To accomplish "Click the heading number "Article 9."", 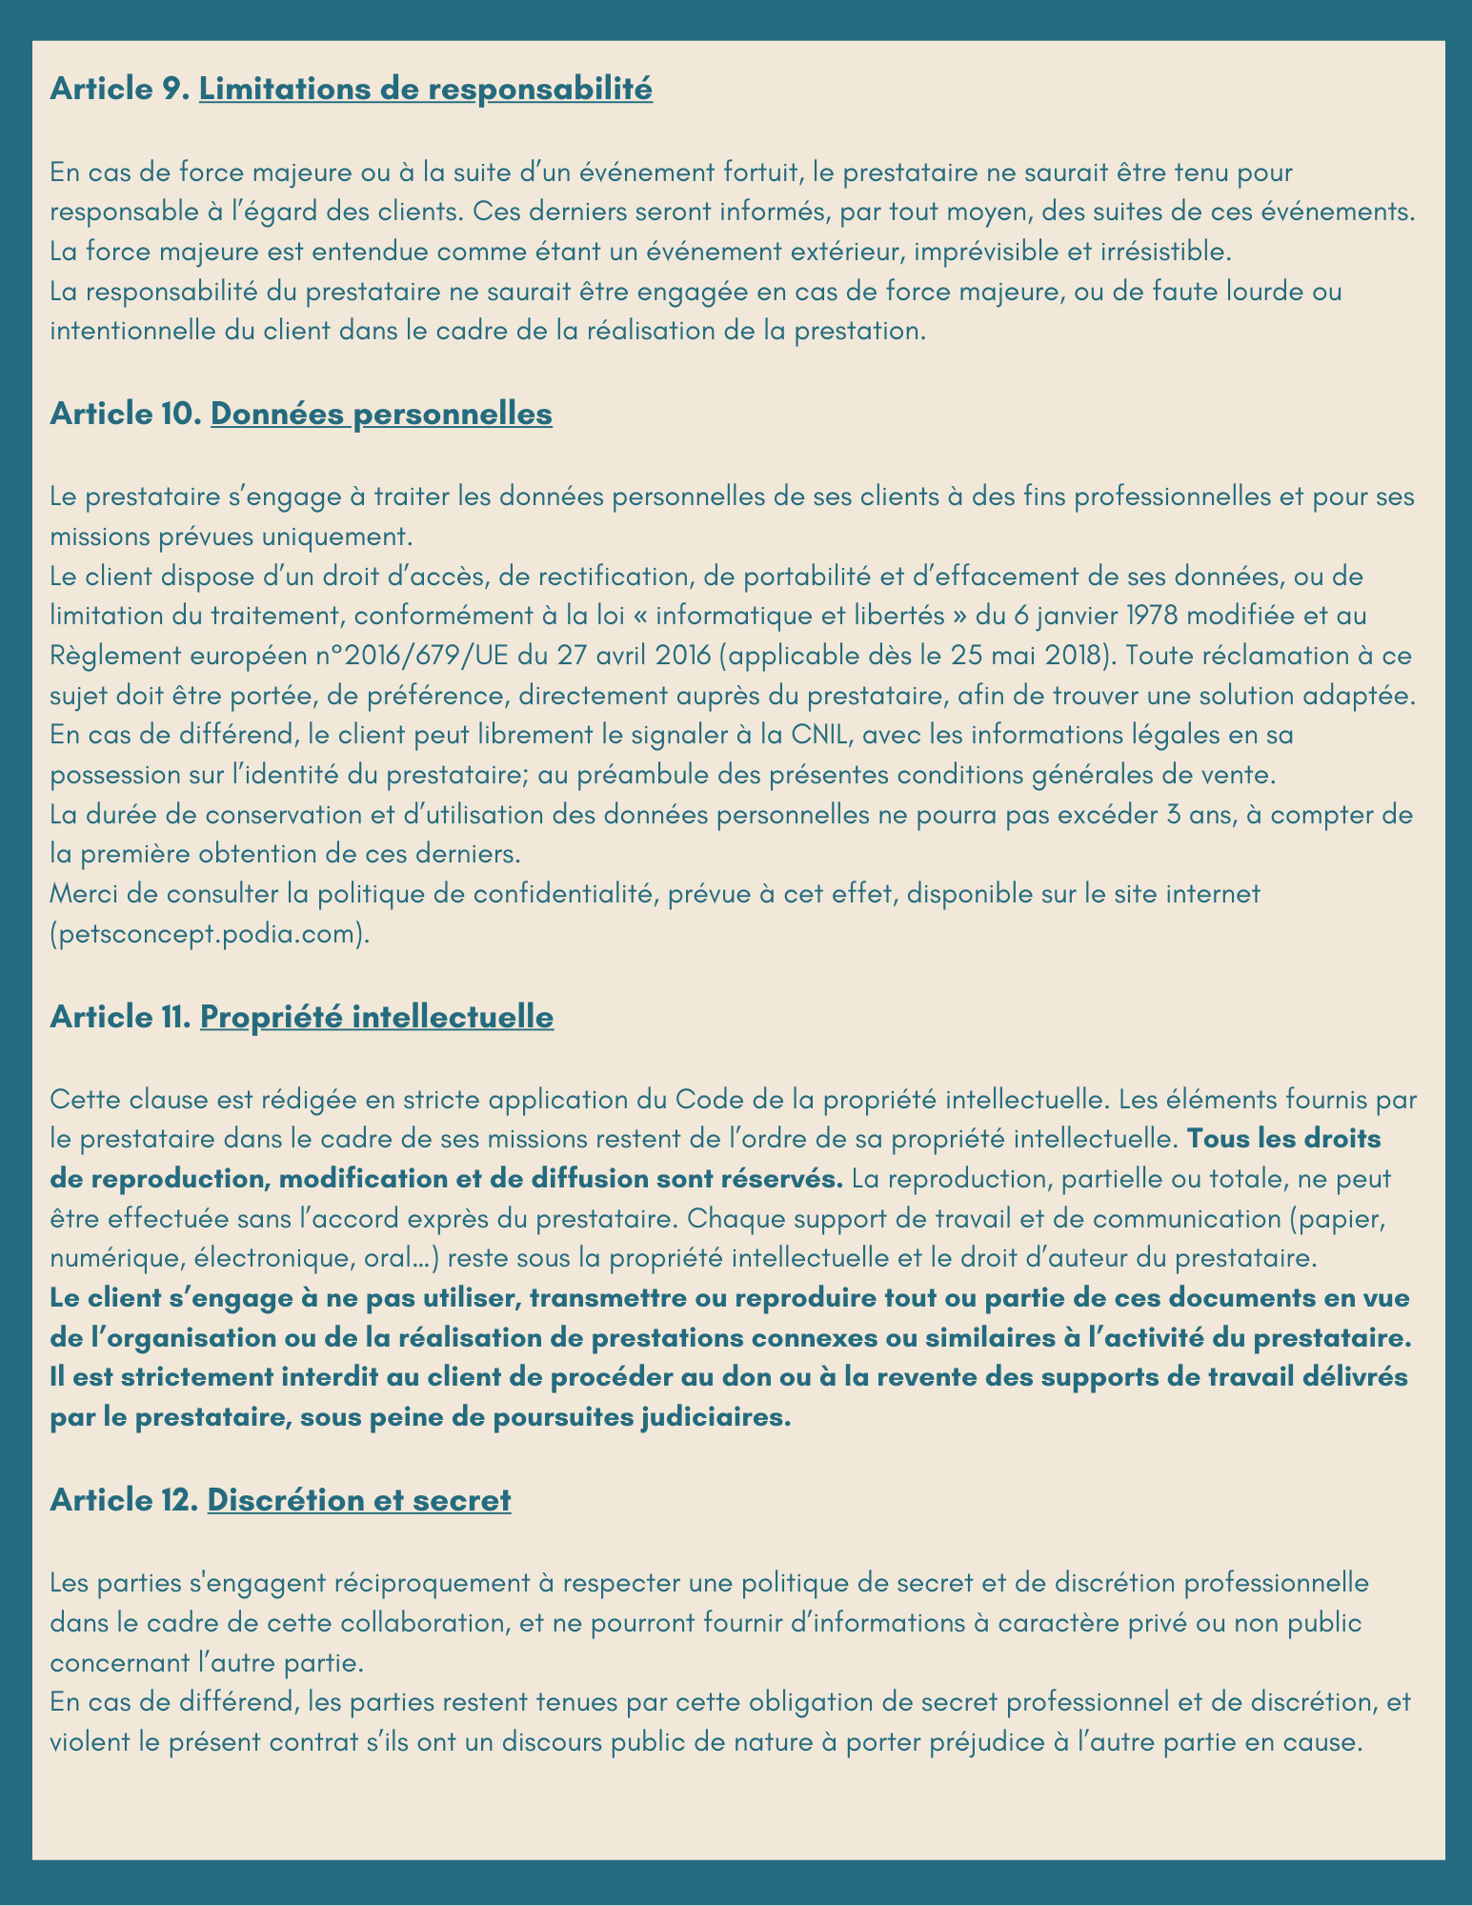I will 121,90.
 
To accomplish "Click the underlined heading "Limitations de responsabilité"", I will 426,90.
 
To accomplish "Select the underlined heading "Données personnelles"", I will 381,415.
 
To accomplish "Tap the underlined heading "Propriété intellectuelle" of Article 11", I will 376,1017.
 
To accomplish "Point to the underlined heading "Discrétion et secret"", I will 359,1500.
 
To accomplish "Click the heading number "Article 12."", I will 125,1500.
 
